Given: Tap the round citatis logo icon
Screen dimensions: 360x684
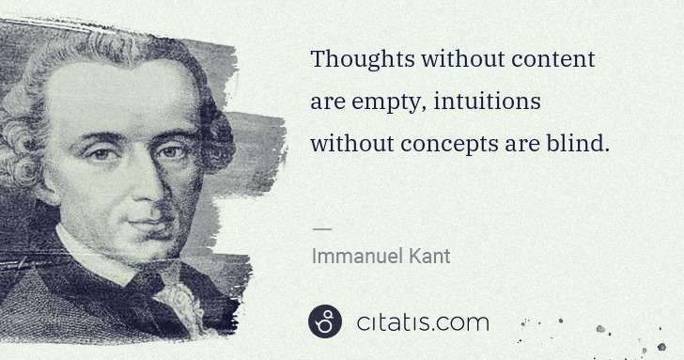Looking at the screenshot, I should [x=325, y=322].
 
